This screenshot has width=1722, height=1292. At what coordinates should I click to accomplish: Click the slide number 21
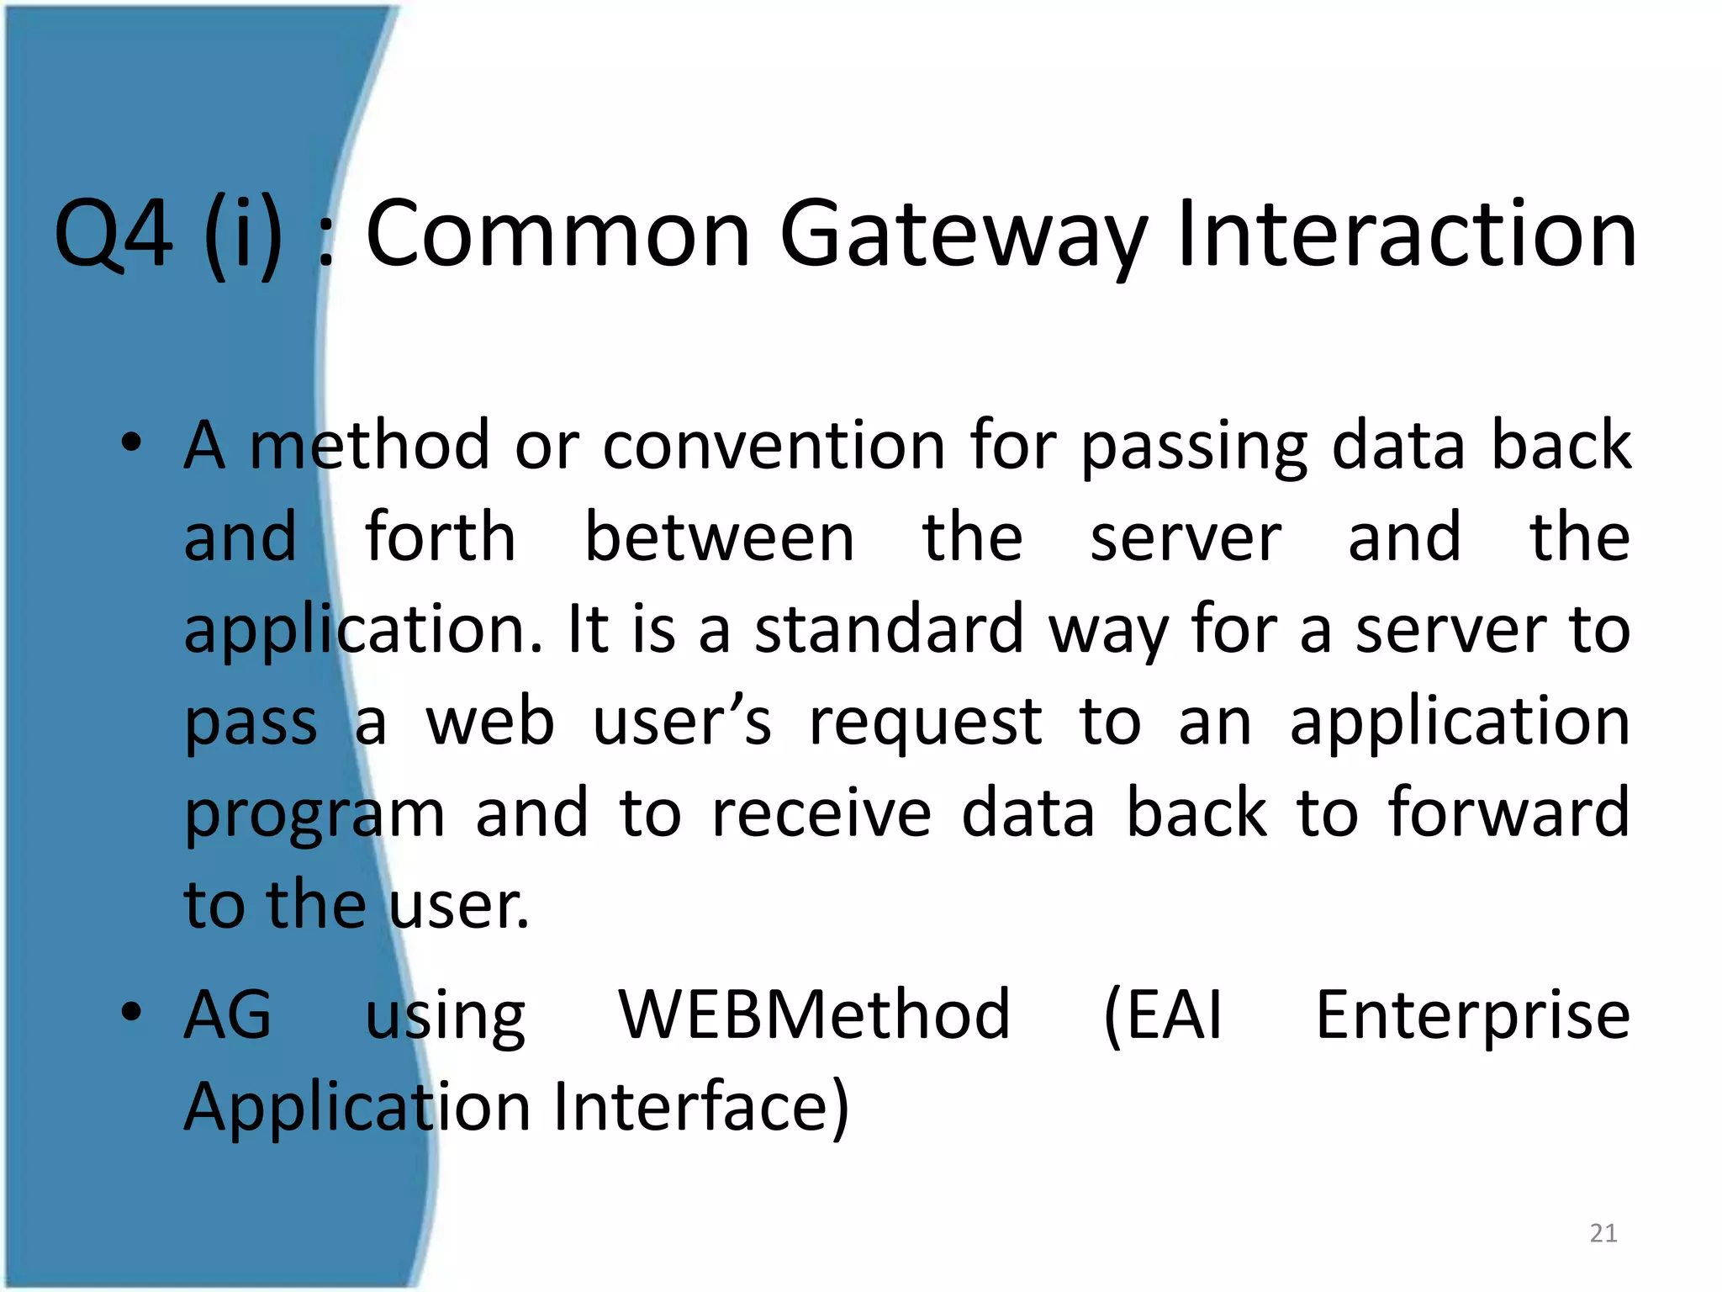(1603, 1233)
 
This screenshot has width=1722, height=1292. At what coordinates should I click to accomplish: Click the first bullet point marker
(130, 443)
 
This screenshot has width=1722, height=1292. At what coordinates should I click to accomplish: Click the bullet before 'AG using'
(130, 1012)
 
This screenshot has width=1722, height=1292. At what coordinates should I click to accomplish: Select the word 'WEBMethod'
(814, 1014)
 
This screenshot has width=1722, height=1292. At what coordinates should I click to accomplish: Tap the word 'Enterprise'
(1472, 1014)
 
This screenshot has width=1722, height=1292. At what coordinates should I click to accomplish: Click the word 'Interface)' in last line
(702, 1106)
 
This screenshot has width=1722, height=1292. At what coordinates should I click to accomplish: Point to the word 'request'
(925, 723)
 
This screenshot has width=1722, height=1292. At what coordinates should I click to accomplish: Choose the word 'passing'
(1194, 446)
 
